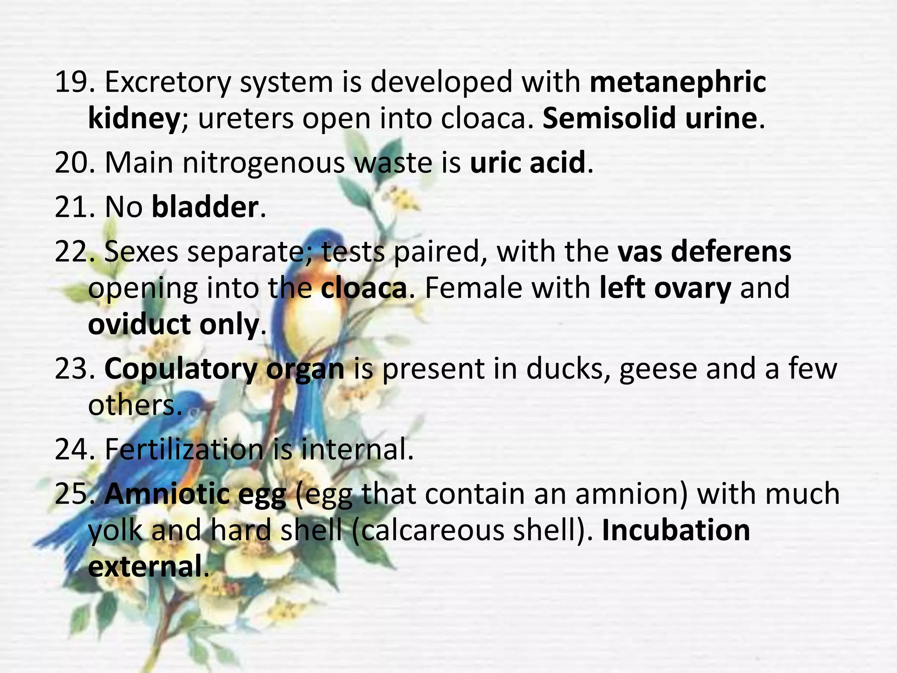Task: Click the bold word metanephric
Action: tap(678, 82)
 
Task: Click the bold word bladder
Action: tap(205, 207)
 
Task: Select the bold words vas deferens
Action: tap(704, 252)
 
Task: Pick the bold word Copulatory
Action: tap(180, 369)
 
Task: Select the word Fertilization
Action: tap(184, 450)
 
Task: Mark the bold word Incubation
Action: tap(676, 531)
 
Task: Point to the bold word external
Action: tap(145, 567)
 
